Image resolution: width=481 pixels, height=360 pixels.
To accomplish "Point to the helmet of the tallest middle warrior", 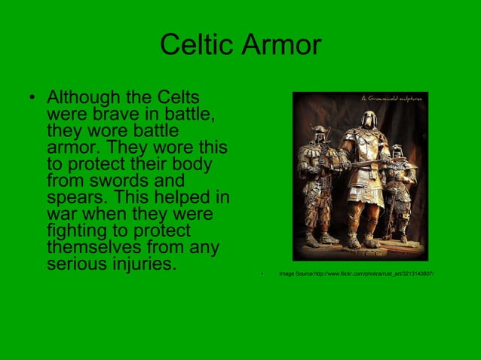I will pyautogui.click(x=367, y=119).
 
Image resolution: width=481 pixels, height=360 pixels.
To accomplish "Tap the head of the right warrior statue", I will pyautogui.click(x=397, y=152).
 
